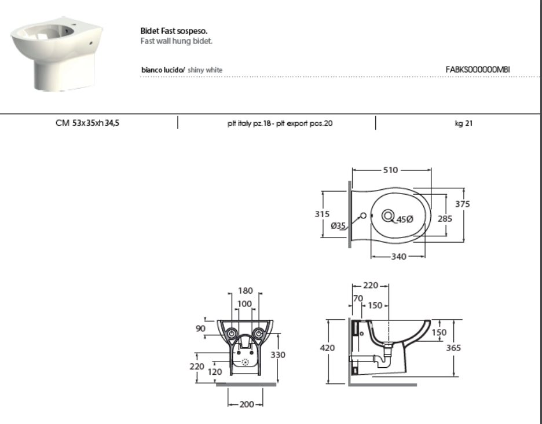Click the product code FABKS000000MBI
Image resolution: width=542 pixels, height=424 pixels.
pyautogui.click(x=478, y=70)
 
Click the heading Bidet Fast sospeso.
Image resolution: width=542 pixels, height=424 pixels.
pyautogui.click(x=174, y=31)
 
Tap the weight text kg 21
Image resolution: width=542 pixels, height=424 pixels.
pyautogui.click(x=463, y=123)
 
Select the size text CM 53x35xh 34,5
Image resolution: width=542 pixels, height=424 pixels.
pyautogui.click(x=87, y=123)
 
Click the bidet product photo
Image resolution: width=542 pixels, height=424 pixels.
pyautogui.click(x=57, y=54)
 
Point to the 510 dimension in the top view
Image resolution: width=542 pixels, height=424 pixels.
pyautogui.click(x=391, y=170)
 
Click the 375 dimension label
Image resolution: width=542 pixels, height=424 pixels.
pyautogui.click(x=463, y=204)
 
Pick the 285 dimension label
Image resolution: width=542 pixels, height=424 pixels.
pyautogui.click(x=445, y=218)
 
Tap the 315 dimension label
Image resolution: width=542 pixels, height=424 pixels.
pyautogui.click(x=322, y=214)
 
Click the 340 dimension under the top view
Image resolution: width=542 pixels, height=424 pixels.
pyautogui.click(x=399, y=257)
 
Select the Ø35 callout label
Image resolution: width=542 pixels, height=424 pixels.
pyautogui.click(x=338, y=226)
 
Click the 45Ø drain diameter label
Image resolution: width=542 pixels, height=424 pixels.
pyautogui.click(x=405, y=220)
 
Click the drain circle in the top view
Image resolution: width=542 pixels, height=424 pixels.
pyautogui.click(x=388, y=216)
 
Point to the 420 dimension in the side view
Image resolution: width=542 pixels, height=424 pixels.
pyautogui.click(x=327, y=348)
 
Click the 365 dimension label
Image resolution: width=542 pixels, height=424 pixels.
pyautogui.click(x=453, y=348)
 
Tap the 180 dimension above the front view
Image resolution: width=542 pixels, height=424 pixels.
pyautogui.click(x=246, y=291)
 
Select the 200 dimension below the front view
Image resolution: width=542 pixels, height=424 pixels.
pyautogui.click(x=247, y=404)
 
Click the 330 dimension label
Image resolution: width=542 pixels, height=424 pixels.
pyautogui.click(x=278, y=355)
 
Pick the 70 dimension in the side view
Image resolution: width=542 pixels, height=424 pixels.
pyautogui.click(x=358, y=298)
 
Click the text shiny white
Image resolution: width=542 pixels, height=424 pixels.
pyautogui.click(x=205, y=70)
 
